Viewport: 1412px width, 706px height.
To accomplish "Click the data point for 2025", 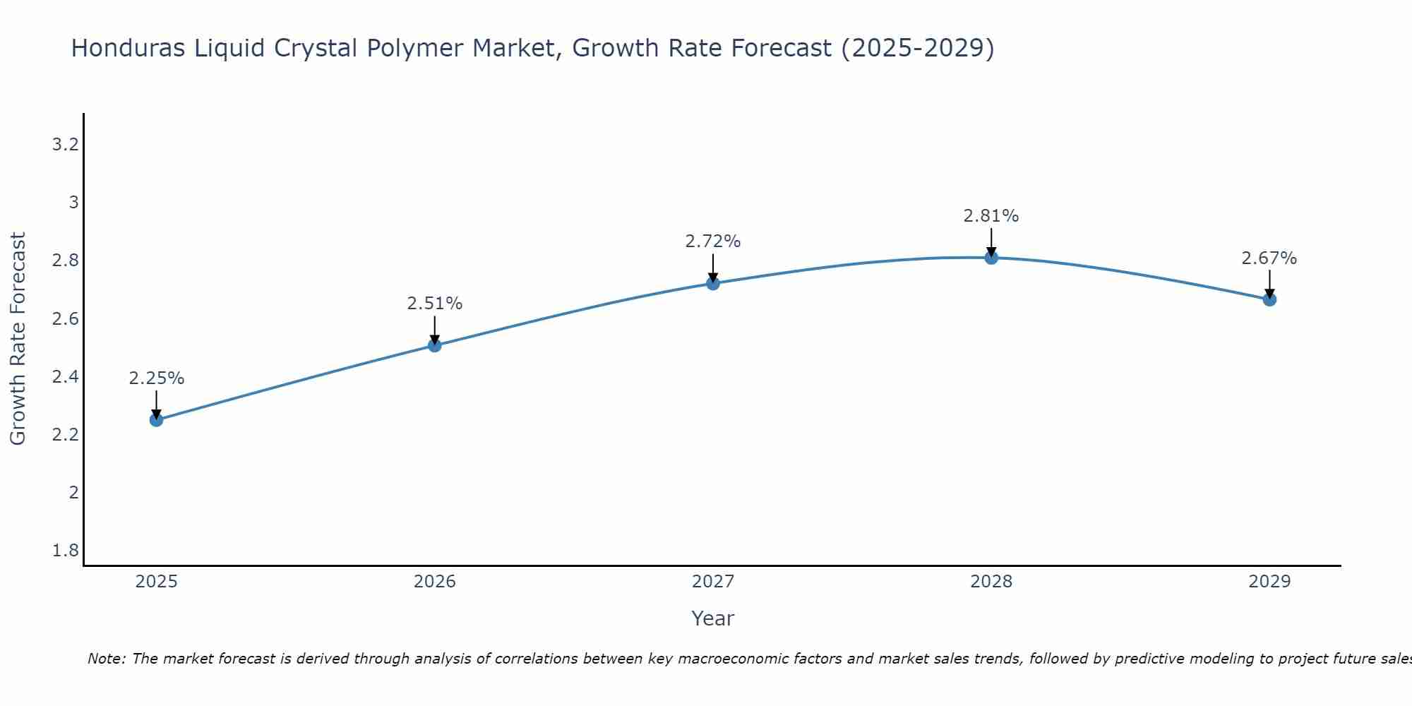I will (156, 420).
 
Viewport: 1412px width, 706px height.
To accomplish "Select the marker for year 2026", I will (435, 345).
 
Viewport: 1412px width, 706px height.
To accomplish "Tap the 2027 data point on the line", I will (713, 284).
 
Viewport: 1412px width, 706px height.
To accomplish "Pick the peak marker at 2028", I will (991, 258).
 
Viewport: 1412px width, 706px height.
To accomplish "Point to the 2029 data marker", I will (1269, 299).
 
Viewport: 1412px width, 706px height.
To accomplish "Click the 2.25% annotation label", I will (156, 378).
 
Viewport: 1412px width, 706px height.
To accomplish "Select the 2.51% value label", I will (435, 304).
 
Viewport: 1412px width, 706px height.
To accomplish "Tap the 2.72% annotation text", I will (713, 241).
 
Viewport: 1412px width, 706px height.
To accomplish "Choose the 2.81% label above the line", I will (991, 216).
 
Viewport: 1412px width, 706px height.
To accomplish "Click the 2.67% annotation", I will (1269, 258).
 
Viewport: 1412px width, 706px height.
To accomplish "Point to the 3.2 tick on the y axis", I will (65, 145).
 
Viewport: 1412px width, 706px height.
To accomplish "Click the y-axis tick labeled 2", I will (73, 492).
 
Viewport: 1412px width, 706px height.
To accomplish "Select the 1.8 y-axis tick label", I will (65, 550).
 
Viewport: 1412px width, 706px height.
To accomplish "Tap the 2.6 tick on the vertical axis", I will (65, 318).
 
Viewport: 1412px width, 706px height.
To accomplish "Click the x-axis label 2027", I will (713, 582).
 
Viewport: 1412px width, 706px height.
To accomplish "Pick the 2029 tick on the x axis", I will (1269, 582).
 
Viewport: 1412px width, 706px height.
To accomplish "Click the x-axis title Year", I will (713, 618).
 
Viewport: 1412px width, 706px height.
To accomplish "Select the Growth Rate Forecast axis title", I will (18, 338).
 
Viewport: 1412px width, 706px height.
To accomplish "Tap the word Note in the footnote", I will (106, 659).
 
